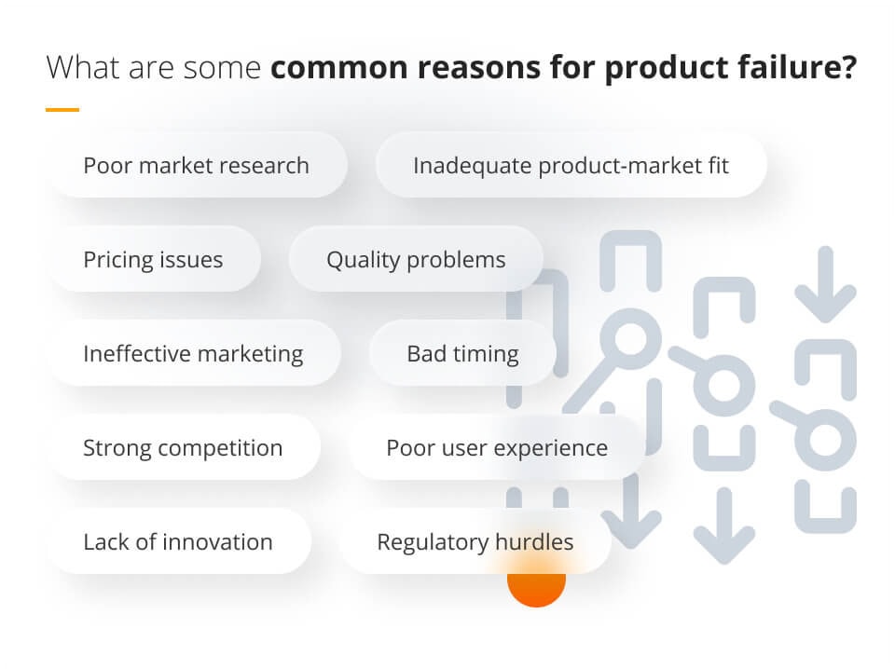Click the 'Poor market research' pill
coord(196,166)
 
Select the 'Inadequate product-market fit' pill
coord(571,166)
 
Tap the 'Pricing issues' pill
coord(153,259)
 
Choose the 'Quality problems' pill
coord(416,259)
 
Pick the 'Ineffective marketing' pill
coord(193,354)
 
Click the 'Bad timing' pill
coord(462,354)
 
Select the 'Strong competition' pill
coord(183,447)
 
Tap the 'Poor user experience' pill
coord(496,447)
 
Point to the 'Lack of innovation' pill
coord(178,541)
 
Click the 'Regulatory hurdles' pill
coord(475,541)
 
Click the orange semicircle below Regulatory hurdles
coord(536,588)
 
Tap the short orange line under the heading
coord(62,110)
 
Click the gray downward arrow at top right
coord(825,283)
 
